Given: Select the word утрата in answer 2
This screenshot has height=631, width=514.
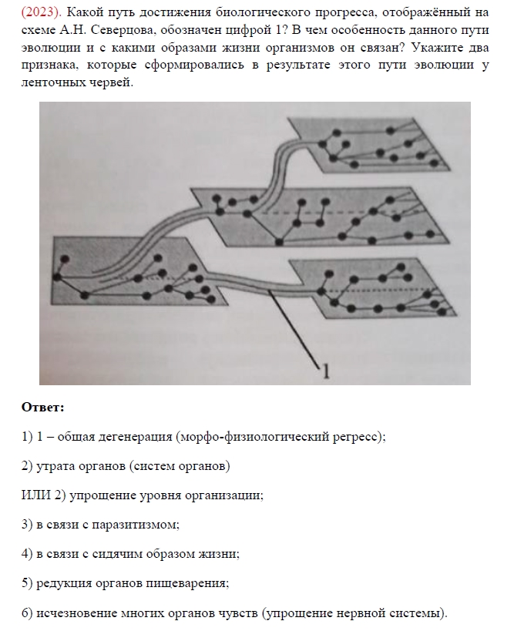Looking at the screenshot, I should pos(53,465).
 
